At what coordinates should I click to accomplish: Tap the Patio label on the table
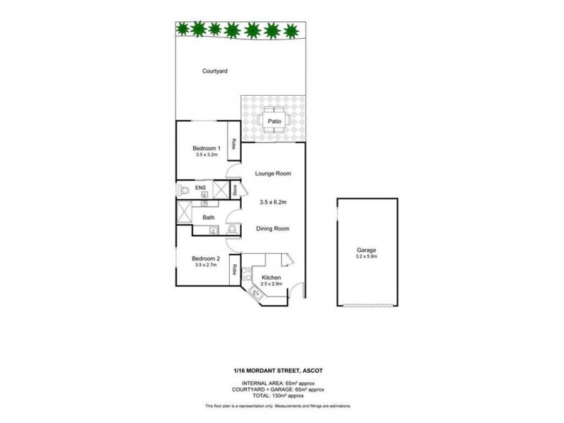pyautogui.click(x=274, y=121)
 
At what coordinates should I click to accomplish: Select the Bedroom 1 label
pyautogui.click(x=207, y=148)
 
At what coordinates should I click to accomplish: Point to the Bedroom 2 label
pyautogui.click(x=207, y=259)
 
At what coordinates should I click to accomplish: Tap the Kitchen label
pyautogui.click(x=271, y=278)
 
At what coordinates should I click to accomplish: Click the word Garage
pyautogui.click(x=366, y=250)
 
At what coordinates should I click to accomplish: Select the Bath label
pyautogui.click(x=209, y=218)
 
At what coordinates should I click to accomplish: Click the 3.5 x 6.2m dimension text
pyautogui.click(x=274, y=202)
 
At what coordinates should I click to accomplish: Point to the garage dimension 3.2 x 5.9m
pyautogui.click(x=366, y=257)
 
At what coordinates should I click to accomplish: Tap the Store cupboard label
pyautogui.click(x=235, y=190)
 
